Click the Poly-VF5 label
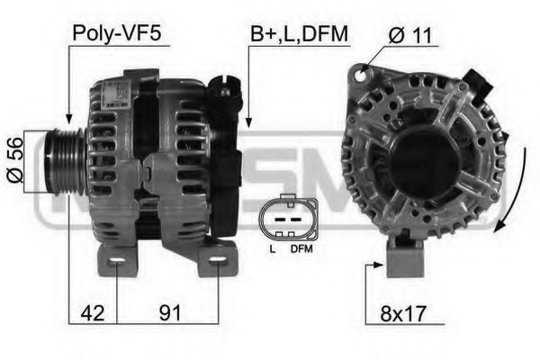point(117,34)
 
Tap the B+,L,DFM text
point(300,34)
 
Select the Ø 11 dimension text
point(409,35)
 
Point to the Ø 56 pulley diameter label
point(14,159)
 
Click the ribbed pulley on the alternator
point(66,162)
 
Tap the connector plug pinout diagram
point(289,218)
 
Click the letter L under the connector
point(273,248)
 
